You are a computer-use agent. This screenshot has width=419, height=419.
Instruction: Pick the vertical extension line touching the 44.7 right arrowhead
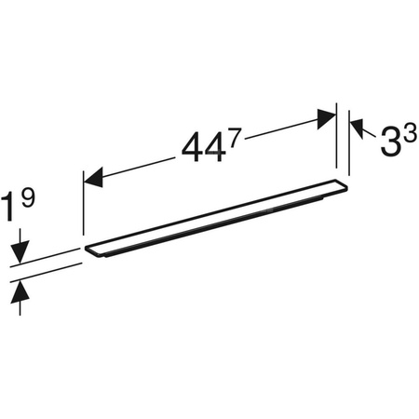336,140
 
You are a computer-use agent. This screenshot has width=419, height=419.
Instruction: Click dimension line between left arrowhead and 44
135,165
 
